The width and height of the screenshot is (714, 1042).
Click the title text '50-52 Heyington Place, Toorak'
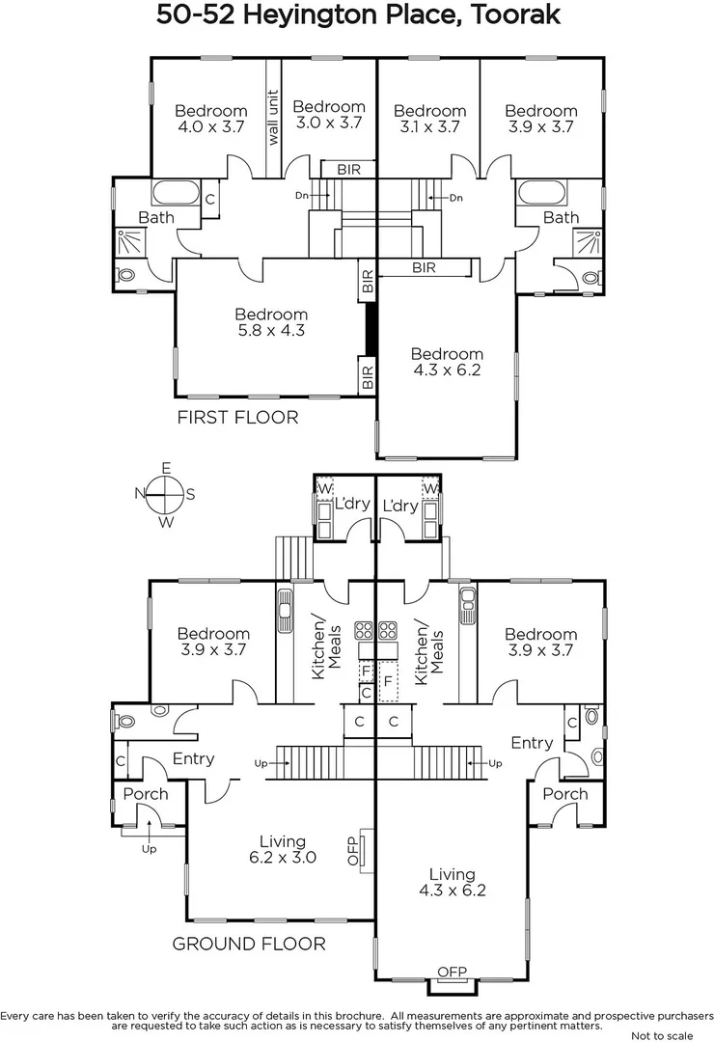click(358, 16)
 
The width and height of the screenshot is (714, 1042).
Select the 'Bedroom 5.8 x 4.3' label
click(271, 323)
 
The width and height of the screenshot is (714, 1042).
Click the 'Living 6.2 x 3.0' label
click(282, 849)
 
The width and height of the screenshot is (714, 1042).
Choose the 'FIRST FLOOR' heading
click(237, 418)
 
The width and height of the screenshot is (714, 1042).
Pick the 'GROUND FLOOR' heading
click(248, 944)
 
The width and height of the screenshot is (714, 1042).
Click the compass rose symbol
click(166, 495)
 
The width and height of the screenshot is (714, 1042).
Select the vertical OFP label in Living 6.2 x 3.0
click(353, 849)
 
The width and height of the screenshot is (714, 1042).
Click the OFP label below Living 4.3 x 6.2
click(452, 972)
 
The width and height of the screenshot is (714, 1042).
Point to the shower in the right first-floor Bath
click(588, 241)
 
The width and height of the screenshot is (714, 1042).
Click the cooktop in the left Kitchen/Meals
click(364, 632)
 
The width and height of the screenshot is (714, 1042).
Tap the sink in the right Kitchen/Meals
click(466, 607)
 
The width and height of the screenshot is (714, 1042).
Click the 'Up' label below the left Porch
click(149, 849)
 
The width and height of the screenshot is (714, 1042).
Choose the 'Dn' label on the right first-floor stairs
click(456, 198)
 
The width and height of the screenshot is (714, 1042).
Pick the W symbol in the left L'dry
click(324, 489)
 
